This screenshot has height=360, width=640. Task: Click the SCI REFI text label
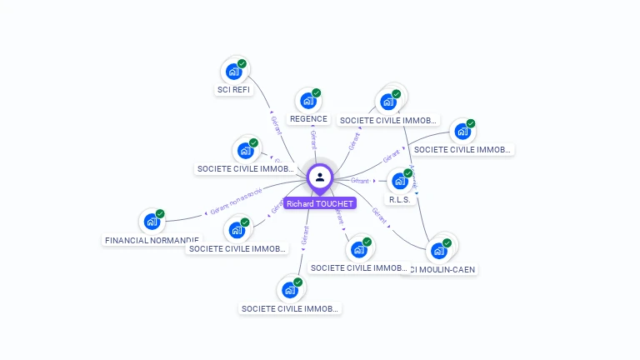click(233, 90)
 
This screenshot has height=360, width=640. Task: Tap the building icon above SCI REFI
click(233, 72)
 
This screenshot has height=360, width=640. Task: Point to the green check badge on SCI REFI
click(242, 63)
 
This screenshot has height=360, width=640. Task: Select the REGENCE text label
click(308, 119)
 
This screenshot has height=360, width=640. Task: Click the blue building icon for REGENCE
click(307, 102)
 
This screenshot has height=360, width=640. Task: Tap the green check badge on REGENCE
click(316, 93)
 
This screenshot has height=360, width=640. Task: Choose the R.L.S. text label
click(400, 200)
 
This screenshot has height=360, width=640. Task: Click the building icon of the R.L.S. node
click(400, 182)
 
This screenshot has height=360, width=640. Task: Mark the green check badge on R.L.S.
click(408, 173)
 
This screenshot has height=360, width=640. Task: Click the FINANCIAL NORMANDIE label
click(151, 240)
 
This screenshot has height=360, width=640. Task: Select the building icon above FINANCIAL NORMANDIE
click(151, 222)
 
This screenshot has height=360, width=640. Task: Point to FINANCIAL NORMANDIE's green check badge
click(160, 213)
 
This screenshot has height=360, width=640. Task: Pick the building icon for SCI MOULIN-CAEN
click(438, 251)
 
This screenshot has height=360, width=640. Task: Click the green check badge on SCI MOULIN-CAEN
click(447, 242)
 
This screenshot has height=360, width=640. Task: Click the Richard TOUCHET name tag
click(320, 203)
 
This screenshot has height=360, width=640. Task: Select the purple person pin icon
click(320, 177)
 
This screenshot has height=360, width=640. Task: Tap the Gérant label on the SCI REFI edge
click(276, 124)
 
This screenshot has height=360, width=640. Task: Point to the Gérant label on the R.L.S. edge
click(360, 181)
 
